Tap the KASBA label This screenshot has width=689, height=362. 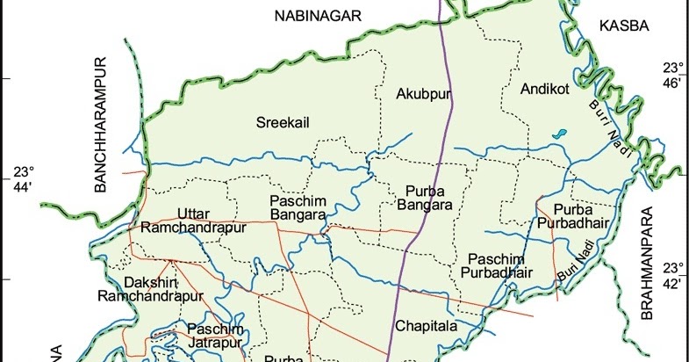[623, 26]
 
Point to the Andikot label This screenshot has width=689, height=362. [545, 90]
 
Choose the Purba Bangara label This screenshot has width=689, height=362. [429, 198]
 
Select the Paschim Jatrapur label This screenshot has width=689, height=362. [215, 336]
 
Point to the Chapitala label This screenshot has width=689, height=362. [427, 326]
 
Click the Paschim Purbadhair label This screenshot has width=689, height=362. [499, 265]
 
